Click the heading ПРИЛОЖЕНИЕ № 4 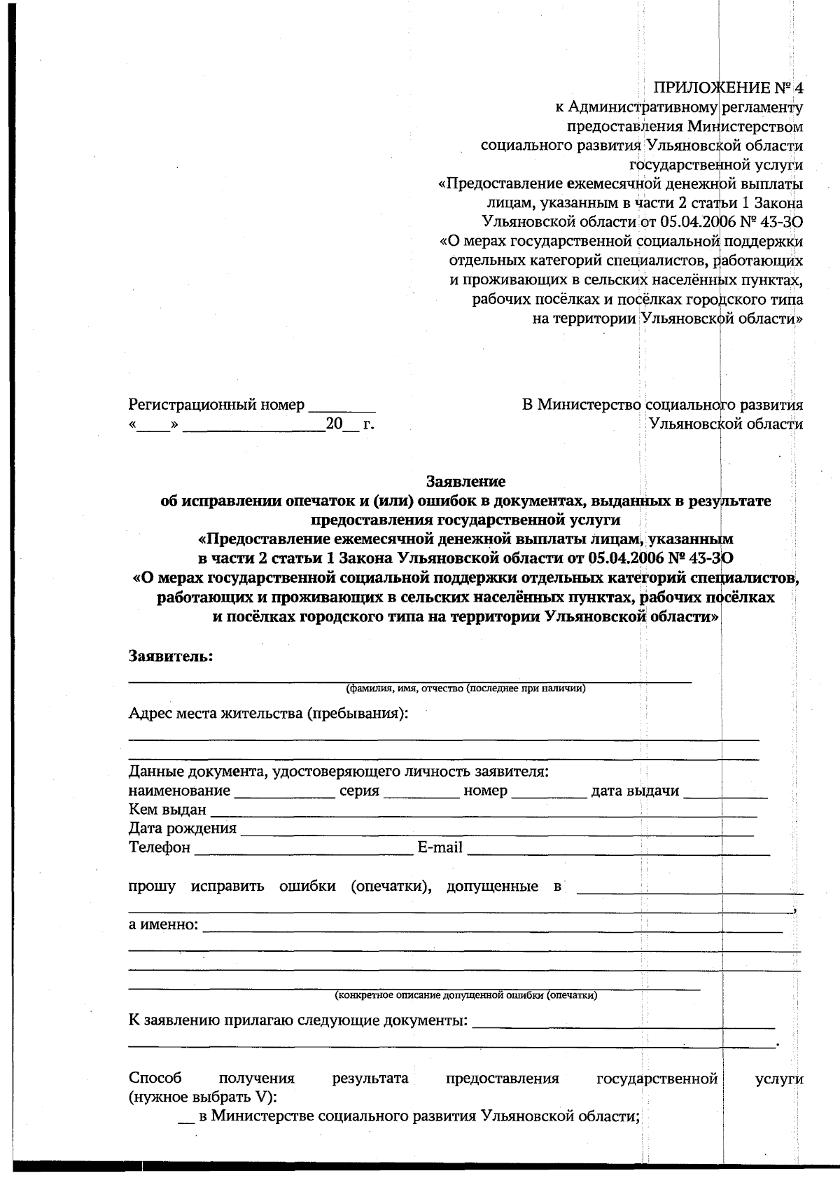coord(729,88)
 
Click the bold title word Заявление coord(465,481)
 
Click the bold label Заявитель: coord(171,656)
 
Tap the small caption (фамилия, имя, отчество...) coord(465,688)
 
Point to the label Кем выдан coord(167,810)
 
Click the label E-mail coord(440,848)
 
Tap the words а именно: coord(163,924)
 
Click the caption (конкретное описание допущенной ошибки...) coord(465,995)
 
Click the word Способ coord(155,1079)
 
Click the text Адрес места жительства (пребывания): coord(268,714)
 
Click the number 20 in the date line coord(333,424)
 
